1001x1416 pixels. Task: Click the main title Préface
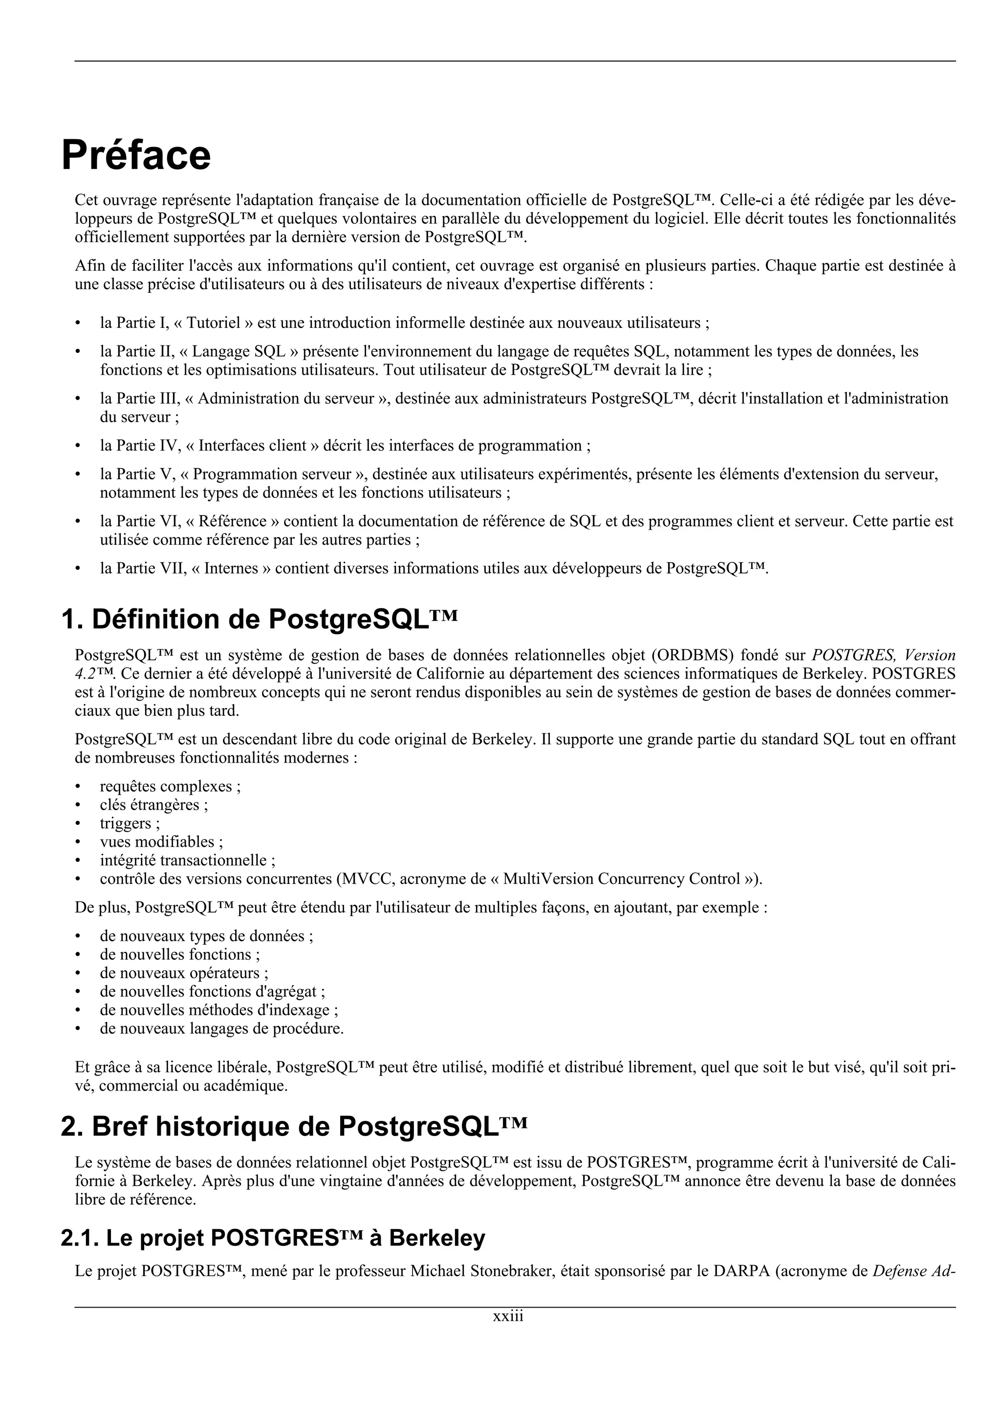[x=136, y=155]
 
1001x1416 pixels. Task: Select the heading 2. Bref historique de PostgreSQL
[x=294, y=1127]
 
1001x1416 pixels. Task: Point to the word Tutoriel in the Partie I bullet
[x=214, y=323]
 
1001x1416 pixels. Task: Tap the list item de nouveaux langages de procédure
[x=221, y=1029]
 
